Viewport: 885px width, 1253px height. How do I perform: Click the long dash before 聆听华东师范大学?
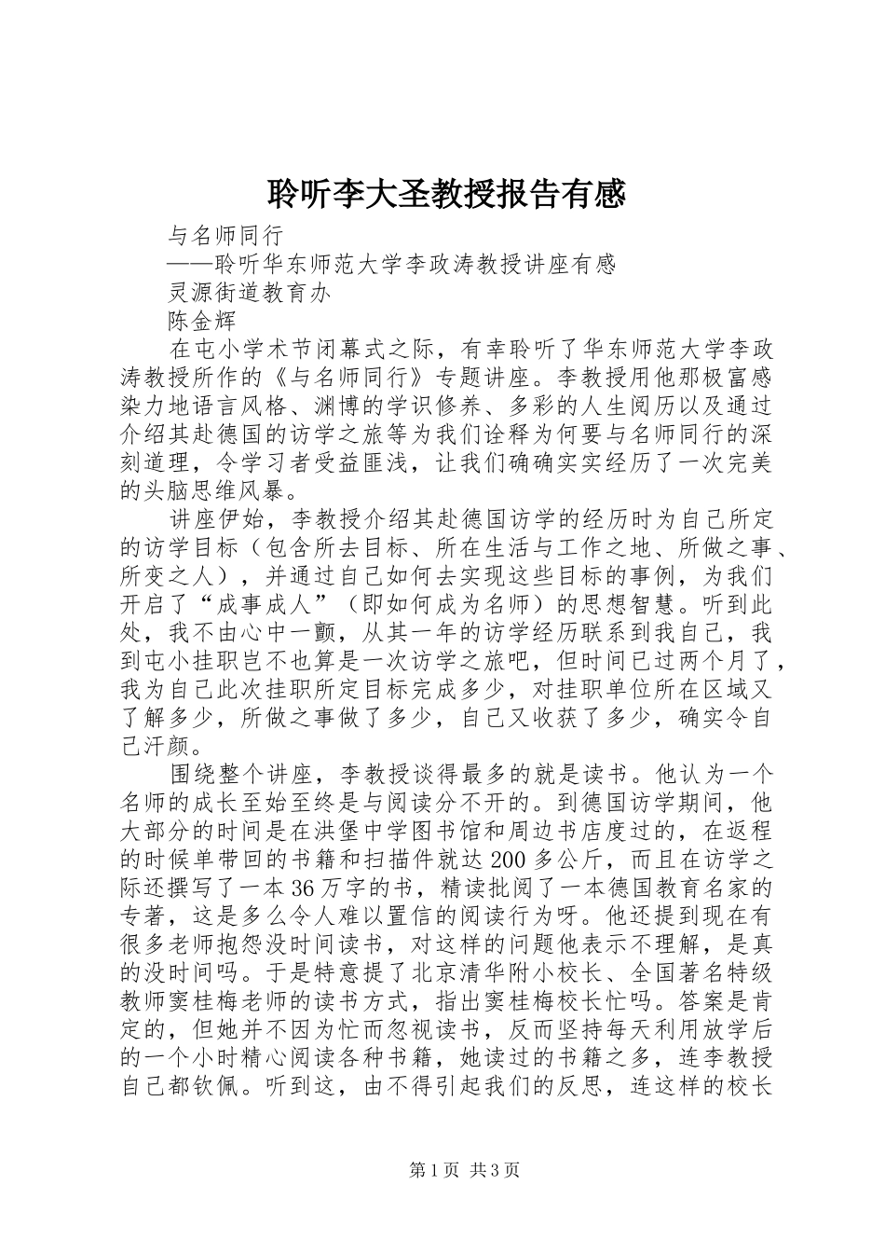[x=190, y=264]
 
